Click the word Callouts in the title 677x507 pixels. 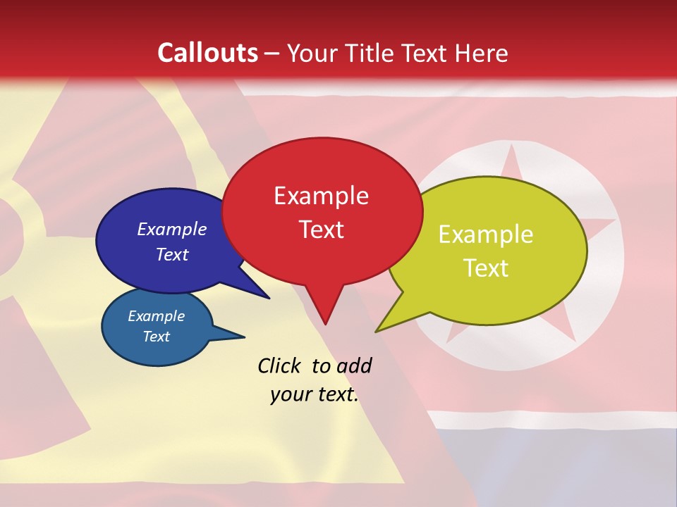click(207, 53)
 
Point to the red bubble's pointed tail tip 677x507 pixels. click(325, 325)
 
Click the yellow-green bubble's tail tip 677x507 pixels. click(376, 332)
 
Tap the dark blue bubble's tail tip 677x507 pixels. click(269, 298)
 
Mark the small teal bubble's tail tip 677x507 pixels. click(245, 336)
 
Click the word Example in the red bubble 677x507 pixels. click(321, 196)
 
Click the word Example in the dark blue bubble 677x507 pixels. click(171, 230)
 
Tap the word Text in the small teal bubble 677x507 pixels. click(156, 337)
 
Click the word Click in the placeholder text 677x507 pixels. click(279, 365)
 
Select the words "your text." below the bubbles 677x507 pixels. click(314, 395)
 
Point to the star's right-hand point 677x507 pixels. click(615, 220)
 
